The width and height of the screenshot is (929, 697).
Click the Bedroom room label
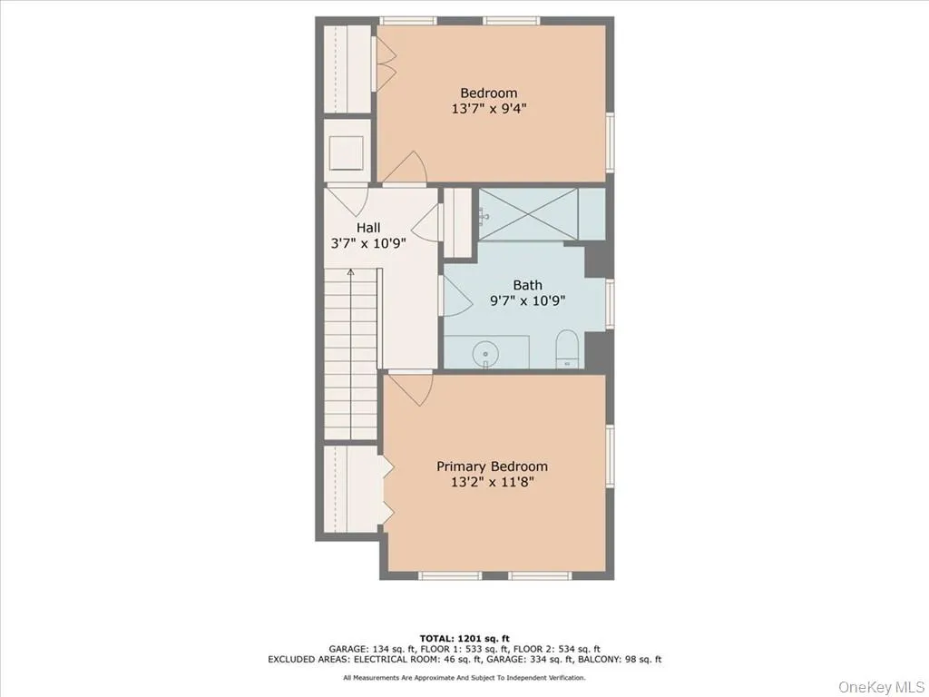(x=488, y=93)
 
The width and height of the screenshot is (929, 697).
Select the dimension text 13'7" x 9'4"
(x=488, y=109)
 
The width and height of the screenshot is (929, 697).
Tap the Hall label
(x=367, y=228)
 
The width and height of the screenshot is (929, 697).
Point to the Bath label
(x=527, y=285)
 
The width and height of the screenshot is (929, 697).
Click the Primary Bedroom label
(x=492, y=466)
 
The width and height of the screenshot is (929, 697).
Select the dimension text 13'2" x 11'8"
(x=492, y=482)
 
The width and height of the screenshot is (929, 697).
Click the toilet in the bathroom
(x=568, y=349)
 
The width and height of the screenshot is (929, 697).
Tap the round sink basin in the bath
(x=487, y=351)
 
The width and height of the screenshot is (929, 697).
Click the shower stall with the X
(x=527, y=214)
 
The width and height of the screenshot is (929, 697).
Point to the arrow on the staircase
(x=350, y=272)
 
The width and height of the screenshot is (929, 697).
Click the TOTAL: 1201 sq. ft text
(x=464, y=637)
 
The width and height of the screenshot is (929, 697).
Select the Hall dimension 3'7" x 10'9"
(x=367, y=244)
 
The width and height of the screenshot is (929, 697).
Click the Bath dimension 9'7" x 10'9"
(x=527, y=300)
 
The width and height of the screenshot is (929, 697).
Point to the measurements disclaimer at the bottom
(x=464, y=677)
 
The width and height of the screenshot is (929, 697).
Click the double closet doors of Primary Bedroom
(x=387, y=491)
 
